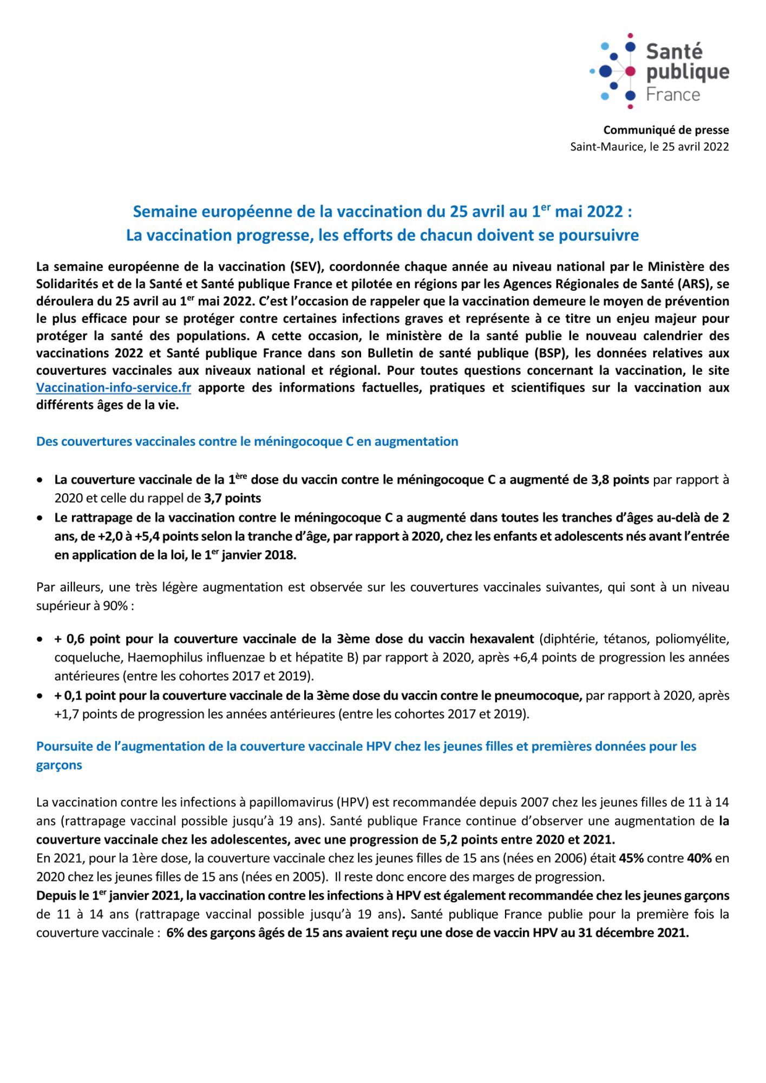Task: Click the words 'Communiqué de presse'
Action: click(x=666, y=130)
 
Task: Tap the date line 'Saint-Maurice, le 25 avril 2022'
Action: click(x=649, y=147)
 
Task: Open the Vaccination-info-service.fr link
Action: click(x=114, y=388)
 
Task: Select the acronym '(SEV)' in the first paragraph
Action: click(x=305, y=266)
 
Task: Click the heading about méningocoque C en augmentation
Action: click(x=247, y=441)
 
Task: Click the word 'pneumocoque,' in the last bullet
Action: click(x=547, y=696)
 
